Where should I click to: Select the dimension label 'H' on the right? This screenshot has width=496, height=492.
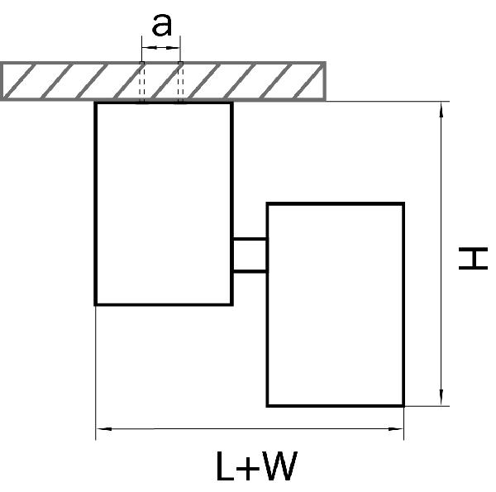click(473, 260)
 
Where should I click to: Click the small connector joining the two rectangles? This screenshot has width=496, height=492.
click(249, 254)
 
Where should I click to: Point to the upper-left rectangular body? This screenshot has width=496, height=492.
click(163, 203)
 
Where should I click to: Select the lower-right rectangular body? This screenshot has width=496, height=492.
click(335, 303)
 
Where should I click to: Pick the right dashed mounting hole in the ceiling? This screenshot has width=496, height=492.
click(179, 82)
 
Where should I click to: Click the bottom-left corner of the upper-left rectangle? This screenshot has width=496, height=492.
click(96, 304)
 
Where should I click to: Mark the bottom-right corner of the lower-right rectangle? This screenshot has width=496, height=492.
click(403, 405)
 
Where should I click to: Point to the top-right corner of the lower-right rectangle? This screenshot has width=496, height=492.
click(403, 203)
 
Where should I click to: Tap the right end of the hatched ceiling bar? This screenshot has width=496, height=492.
click(323, 80)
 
